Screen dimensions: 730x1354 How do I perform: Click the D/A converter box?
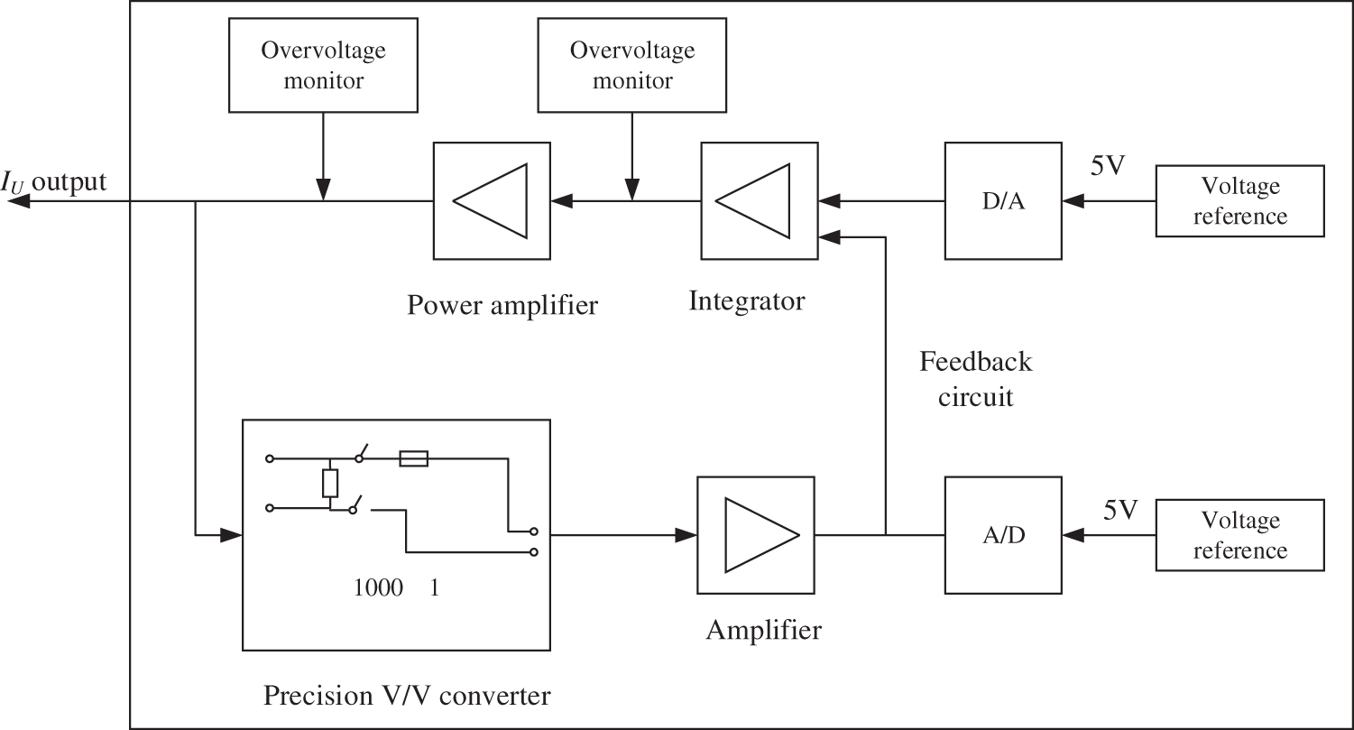(1002, 200)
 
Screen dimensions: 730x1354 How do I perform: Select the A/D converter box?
(1002, 535)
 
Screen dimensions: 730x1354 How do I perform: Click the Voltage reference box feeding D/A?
(1239, 201)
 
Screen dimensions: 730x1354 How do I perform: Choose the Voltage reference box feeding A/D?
(1239, 535)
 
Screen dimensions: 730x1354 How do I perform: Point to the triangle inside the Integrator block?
(757, 201)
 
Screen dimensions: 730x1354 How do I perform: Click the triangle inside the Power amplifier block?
(491, 201)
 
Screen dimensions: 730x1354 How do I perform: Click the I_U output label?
(53, 183)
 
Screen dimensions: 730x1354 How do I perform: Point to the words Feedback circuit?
(976, 379)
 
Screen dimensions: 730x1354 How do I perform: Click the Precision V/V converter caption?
(406, 696)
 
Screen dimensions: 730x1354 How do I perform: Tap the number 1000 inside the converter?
(378, 588)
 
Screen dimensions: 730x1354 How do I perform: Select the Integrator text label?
(746, 300)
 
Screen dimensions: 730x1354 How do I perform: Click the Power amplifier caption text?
(502, 305)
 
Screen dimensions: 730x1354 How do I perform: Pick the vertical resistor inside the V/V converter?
(330, 484)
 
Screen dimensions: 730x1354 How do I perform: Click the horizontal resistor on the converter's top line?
(413, 459)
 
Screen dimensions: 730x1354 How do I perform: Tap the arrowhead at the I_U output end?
(16, 201)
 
